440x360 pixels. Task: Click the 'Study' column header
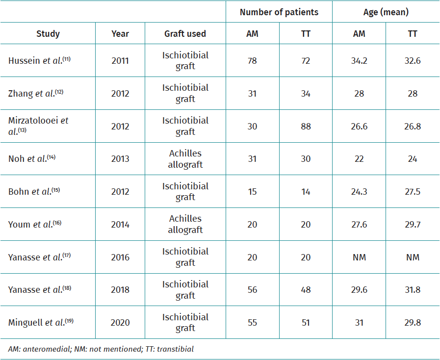48,34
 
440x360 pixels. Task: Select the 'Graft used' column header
185,34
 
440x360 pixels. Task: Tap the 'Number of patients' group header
279,12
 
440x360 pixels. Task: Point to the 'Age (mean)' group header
386,12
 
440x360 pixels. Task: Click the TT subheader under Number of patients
306,34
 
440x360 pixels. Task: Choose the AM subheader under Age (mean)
359,34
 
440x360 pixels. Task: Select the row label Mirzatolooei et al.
38,126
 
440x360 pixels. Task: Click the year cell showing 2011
120,61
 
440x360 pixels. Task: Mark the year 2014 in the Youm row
120,224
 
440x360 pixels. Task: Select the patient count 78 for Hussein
252,61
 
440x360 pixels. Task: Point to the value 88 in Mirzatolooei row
306,126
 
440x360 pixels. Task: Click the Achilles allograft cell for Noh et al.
185,159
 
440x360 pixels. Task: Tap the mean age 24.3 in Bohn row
359,191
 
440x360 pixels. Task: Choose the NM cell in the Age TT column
413,257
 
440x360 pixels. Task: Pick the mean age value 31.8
413,289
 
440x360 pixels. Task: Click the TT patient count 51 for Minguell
306,322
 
